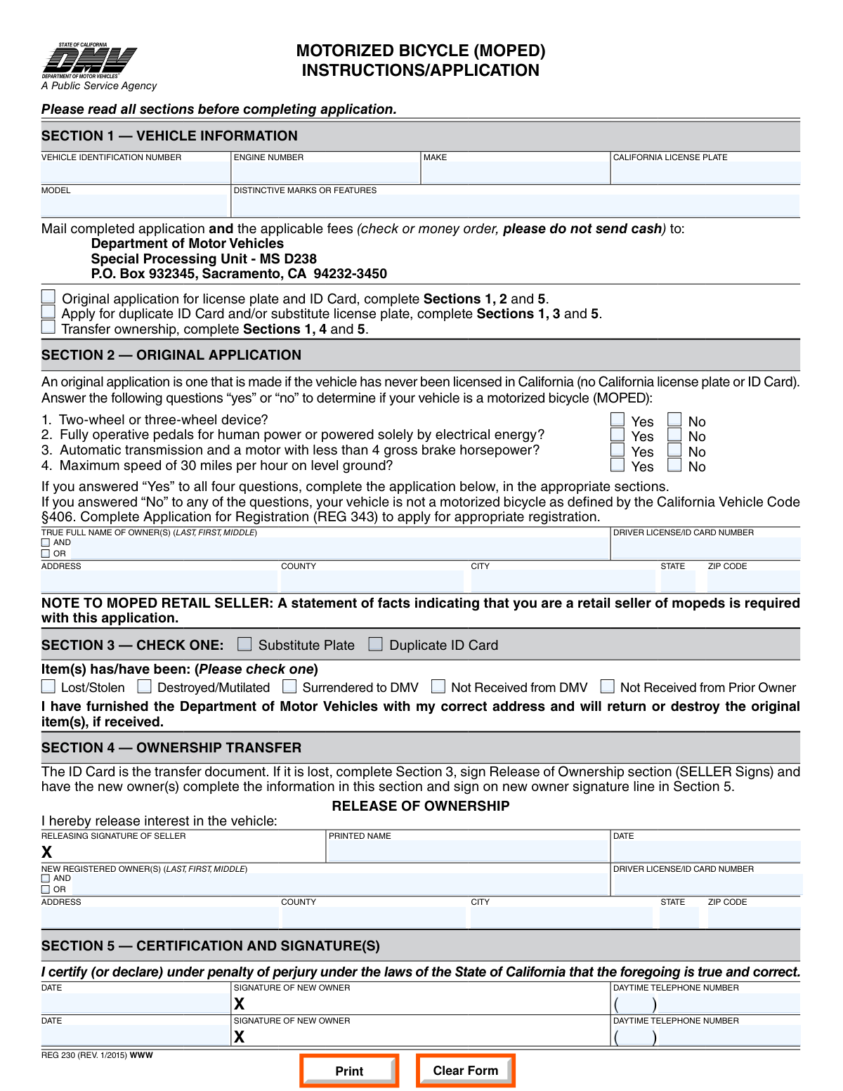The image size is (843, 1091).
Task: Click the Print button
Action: click(349, 1071)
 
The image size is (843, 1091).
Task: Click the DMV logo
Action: click(89, 62)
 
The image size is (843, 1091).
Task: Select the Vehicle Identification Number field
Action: click(135, 173)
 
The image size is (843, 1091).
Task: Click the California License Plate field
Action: click(705, 173)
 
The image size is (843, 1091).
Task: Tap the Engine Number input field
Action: click(326, 173)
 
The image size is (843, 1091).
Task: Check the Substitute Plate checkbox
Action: click(244, 644)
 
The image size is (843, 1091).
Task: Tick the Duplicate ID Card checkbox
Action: click(376, 644)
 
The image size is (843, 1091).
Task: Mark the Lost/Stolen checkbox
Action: click(48, 686)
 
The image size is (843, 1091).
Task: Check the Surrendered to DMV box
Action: click(289, 686)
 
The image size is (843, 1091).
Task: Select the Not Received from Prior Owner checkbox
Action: click(608, 686)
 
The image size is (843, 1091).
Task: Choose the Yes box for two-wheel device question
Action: click(617, 419)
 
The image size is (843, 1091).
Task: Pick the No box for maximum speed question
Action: click(674, 464)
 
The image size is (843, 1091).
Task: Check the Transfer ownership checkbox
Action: click(48, 327)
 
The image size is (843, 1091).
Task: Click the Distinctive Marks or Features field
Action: click(516, 205)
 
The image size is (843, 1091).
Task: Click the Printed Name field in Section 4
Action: click(467, 851)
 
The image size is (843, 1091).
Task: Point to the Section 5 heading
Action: click(211, 946)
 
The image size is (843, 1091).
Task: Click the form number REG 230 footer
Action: click(97, 1055)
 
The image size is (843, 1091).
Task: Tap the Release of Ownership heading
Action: click(420, 806)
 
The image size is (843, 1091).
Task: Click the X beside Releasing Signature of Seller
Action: click(47, 852)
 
